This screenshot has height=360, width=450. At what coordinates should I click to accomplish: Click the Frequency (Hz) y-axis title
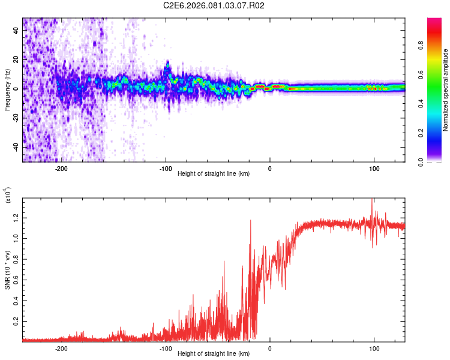7,89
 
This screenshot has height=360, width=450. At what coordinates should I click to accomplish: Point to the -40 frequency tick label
16,147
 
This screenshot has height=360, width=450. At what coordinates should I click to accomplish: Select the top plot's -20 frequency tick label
16,118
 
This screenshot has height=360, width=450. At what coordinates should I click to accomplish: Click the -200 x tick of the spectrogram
61,169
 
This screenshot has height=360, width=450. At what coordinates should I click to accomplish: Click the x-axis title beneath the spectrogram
214,174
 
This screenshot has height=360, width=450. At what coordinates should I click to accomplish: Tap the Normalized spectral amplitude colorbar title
446,90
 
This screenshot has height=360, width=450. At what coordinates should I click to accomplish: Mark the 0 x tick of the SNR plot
269,349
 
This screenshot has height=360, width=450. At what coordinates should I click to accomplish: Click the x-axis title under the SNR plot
214,354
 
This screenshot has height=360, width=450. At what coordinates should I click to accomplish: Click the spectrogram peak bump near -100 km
167,64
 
